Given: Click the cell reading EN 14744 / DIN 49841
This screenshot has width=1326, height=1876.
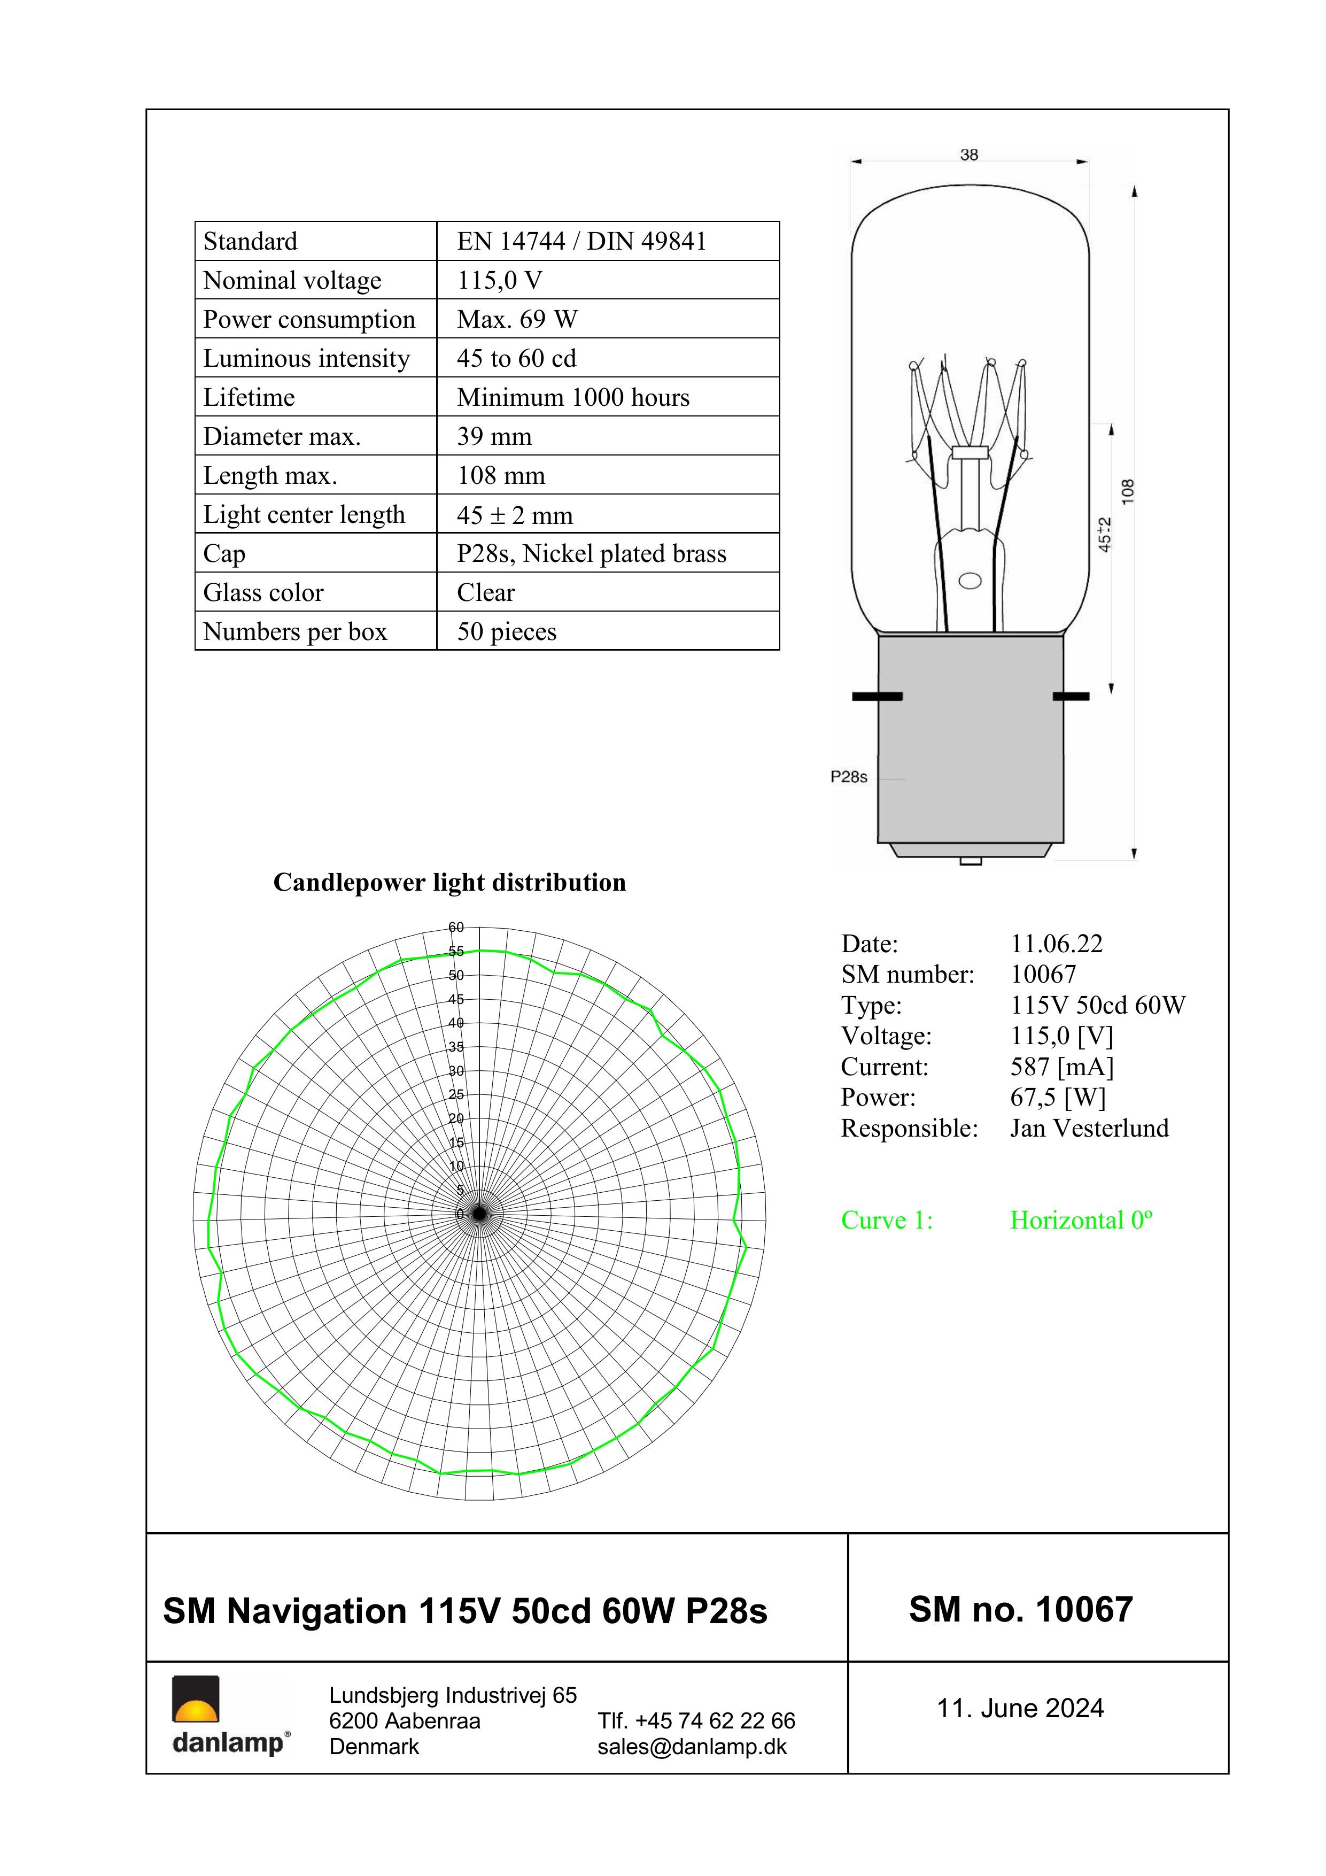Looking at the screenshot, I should coord(581,241).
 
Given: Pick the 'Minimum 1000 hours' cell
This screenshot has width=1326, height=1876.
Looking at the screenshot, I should coord(573,397).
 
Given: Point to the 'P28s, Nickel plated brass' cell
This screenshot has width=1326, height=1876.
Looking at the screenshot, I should coord(592,553).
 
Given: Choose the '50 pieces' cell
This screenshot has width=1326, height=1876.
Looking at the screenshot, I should coord(507,631).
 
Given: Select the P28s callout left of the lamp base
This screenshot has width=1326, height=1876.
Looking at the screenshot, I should coord(849,777).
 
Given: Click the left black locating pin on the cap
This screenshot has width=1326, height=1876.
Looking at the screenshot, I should coord(877,696).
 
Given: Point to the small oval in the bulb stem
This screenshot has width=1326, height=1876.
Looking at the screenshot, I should coord(970,581).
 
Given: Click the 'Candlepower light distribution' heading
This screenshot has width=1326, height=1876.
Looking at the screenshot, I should coord(449,883).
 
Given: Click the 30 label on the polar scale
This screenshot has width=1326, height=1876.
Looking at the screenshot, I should coord(456,1070).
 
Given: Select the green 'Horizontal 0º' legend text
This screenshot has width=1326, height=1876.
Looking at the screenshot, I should coord(1081,1220).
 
